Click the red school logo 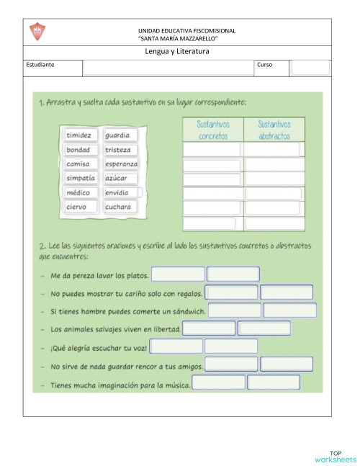tap(37, 32)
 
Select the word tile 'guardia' tap(120, 135)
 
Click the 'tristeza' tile tap(120, 150)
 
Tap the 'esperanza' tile tap(121, 164)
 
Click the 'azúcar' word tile tap(120, 178)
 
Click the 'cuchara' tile tap(120, 207)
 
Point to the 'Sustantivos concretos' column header tap(213, 130)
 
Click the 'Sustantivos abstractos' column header tap(274, 130)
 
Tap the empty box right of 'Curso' tap(310, 68)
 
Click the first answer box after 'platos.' tap(178, 274)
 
